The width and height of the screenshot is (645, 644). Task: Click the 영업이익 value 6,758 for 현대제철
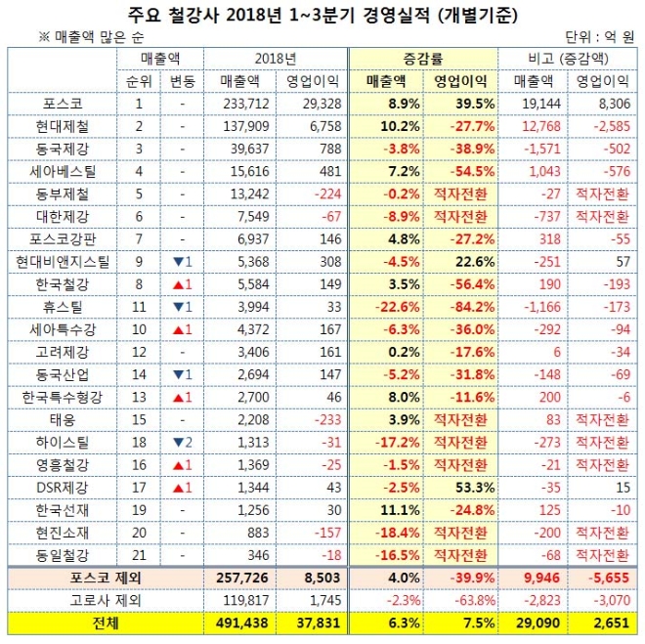[x=313, y=125]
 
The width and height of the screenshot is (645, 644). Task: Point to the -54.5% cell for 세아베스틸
[x=459, y=170]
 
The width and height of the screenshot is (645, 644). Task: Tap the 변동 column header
[x=182, y=80]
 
